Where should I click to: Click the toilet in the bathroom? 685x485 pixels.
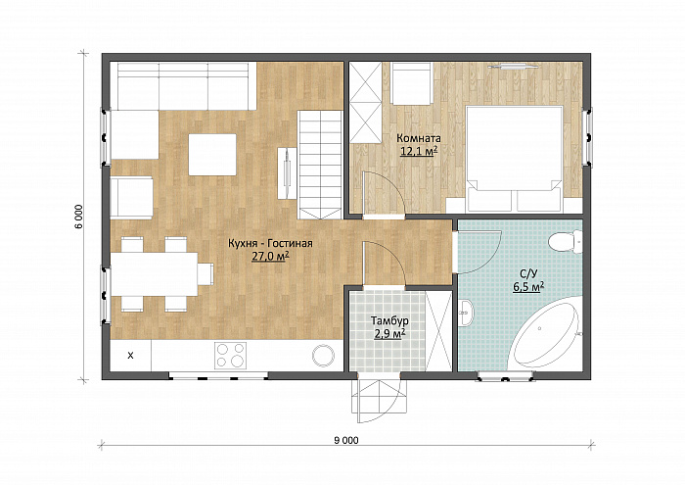point(565,243)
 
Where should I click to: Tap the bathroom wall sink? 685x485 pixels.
point(466,313)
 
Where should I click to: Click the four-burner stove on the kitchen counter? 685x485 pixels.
point(230,355)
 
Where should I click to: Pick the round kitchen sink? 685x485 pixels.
point(324,355)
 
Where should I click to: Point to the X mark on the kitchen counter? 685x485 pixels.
point(130,356)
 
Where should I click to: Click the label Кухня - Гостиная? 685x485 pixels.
point(270,244)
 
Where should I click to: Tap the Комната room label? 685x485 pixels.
point(419,138)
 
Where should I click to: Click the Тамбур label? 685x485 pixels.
point(389,321)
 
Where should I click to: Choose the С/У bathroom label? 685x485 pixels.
point(527,274)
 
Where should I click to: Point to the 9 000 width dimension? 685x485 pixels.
point(346,440)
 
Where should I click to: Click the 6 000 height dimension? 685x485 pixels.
point(78,217)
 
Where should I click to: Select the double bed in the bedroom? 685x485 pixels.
point(514,159)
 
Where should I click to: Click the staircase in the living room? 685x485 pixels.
point(320,165)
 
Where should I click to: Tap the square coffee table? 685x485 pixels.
point(212,155)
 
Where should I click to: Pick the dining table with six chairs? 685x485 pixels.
point(155,274)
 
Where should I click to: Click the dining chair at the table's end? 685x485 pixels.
point(205,274)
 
